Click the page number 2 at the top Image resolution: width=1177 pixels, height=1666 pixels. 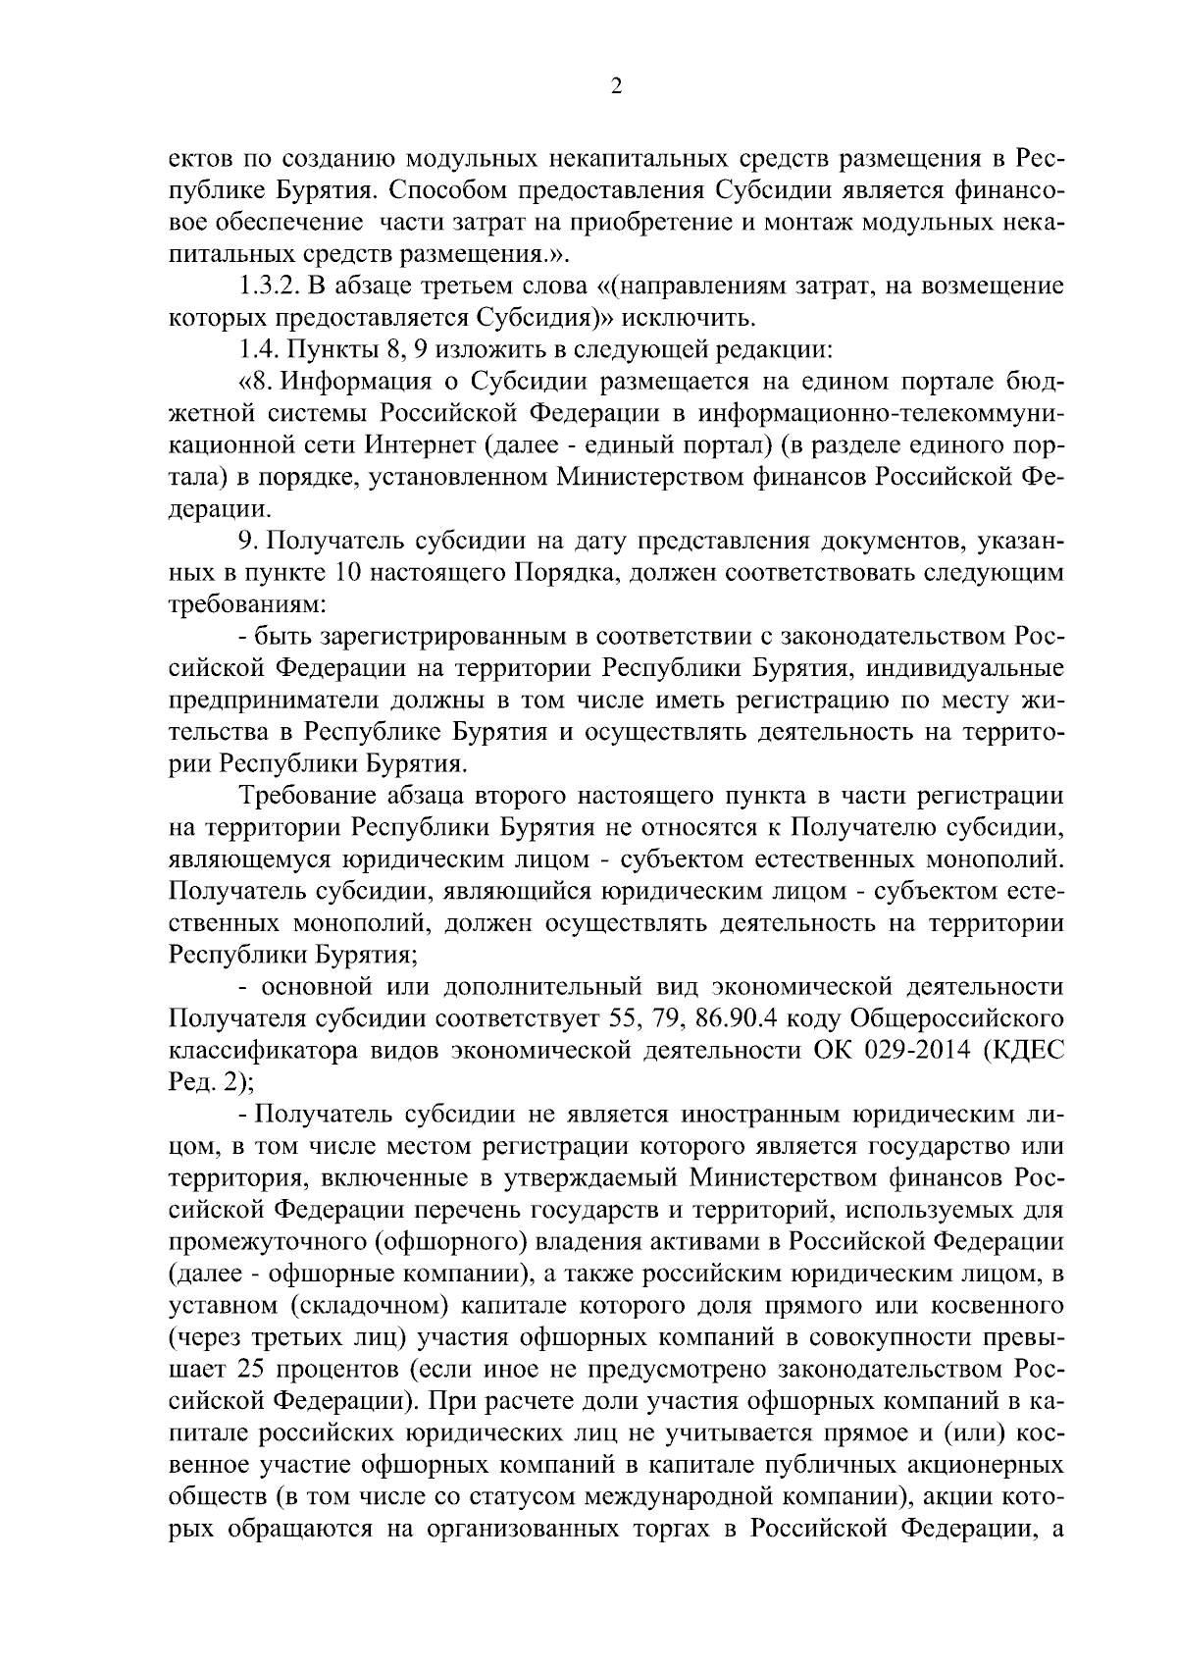click(616, 86)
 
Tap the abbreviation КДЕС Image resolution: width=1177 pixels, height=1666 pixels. click(1028, 1050)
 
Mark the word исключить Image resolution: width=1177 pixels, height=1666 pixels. click(689, 318)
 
